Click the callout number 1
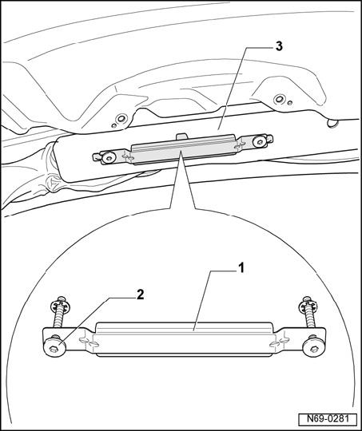(x=241, y=268)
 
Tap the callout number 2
(x=140, y=295)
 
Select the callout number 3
(x=279, y=46)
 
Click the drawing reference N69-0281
(x=328, y=419)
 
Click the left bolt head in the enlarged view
(x=54, y=348)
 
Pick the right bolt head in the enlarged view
(x=313, y=348)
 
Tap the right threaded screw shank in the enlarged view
(x=310, y=317)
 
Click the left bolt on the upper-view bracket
(x=108, y=157)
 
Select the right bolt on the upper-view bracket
(x=260, y=141)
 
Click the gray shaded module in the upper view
(x=184, y=149)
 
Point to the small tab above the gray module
(x=181, y=136)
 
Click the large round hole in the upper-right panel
(x=280, y=99)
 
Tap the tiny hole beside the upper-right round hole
(x=290, y=103)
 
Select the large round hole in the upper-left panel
(x=121, y=119)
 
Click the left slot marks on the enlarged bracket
(x=88, y=342)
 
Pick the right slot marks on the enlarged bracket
(x=279, y=341)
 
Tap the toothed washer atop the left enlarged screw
(x=58, y=305)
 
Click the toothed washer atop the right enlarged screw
(x=308, y=305)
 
